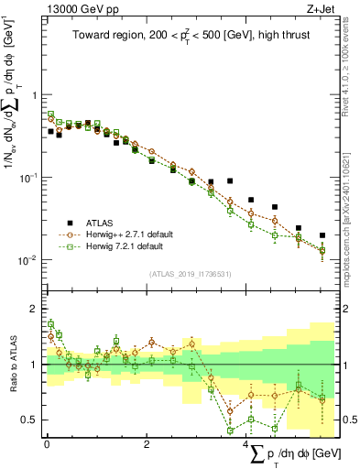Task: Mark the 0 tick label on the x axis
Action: (x=47, y=442)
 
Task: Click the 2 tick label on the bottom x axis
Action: (x=147, y=442)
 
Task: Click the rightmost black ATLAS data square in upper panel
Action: (x=322, y=235)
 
